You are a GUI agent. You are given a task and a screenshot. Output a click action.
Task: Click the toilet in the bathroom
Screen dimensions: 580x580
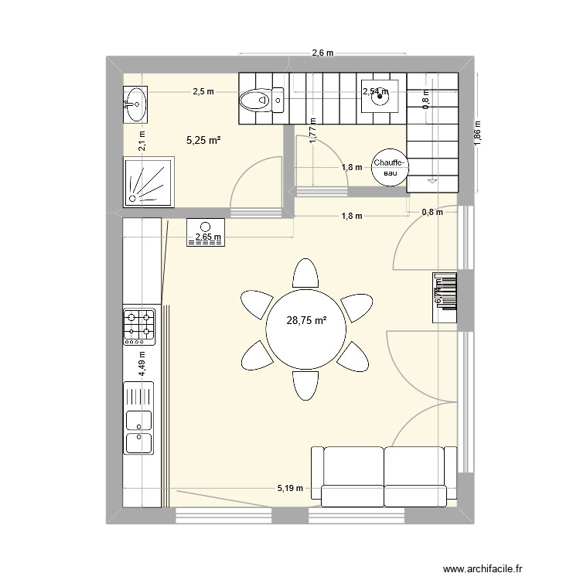pyautogui.click(x=261, y=99)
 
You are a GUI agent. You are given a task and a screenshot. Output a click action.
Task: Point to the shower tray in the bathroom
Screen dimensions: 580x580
pyautogui.click(x=149, y=182)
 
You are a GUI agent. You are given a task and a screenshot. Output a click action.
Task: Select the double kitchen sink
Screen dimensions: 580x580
pyautogui.click(x=139, y=432)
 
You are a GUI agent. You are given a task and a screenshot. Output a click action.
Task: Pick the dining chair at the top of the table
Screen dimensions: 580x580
pyautogui.click(x=305, y=274)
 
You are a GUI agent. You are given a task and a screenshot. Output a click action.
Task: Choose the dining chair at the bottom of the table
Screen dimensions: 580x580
pyautogui.click(x=304, y=384)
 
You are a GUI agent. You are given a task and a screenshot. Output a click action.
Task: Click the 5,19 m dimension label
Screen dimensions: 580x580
pyautogui.click(x=291, y=489)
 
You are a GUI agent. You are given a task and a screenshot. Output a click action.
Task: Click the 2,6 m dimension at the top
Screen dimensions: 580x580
pyautogui.click(x=322, y=53)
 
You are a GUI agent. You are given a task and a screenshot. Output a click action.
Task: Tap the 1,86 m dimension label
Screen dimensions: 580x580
pyautogui.click(x=478, y=133)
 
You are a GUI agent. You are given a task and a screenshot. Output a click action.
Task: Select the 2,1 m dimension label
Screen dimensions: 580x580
pyautogui.click(x=142, y=141)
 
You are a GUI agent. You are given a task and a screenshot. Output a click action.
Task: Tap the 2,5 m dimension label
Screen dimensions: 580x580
pyautogui.click(x=203, y=92)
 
